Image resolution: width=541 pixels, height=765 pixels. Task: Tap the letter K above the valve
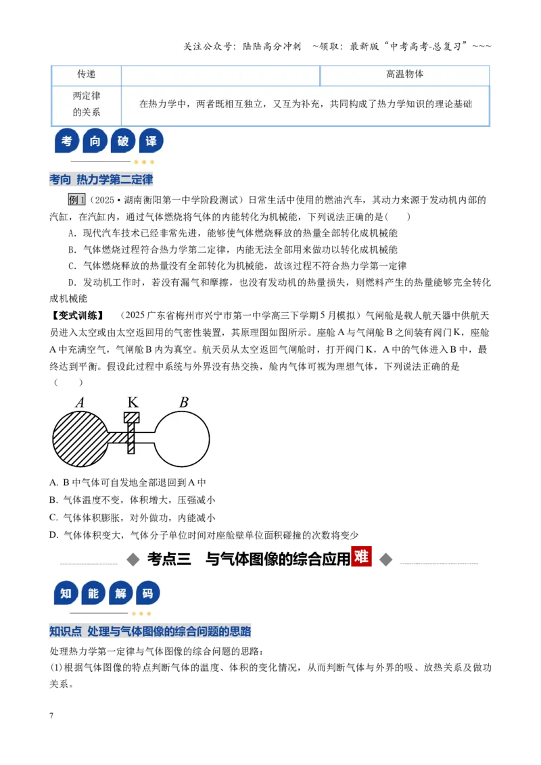pos(133,402)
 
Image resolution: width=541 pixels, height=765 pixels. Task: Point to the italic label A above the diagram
pos(80,403)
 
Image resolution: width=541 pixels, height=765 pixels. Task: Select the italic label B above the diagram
pos(183,402)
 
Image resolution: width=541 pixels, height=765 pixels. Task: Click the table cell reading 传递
pos(87,74)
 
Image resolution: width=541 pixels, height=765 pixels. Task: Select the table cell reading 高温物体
pos(405,74)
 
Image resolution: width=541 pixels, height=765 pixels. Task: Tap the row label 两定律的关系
pos(87,104)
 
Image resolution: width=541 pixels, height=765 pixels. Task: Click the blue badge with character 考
pos(67,141)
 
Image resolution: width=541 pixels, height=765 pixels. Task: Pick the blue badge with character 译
pos(151,141)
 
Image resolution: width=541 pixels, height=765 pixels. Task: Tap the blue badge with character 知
pos(66,593)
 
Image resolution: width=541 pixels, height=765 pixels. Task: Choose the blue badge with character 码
pos(148,593)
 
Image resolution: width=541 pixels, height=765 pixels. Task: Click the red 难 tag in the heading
pos(361,556)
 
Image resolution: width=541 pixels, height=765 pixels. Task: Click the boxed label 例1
pos(76,199)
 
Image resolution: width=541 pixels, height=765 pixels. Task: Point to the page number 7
pos(51,716)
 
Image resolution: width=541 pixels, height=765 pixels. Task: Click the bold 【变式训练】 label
pos(78,316)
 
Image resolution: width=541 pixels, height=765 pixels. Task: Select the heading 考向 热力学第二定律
pos(101,180)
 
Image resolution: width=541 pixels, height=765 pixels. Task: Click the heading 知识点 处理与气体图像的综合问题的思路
pos(150,631)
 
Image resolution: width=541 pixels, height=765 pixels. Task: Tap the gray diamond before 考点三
pos(133,560)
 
